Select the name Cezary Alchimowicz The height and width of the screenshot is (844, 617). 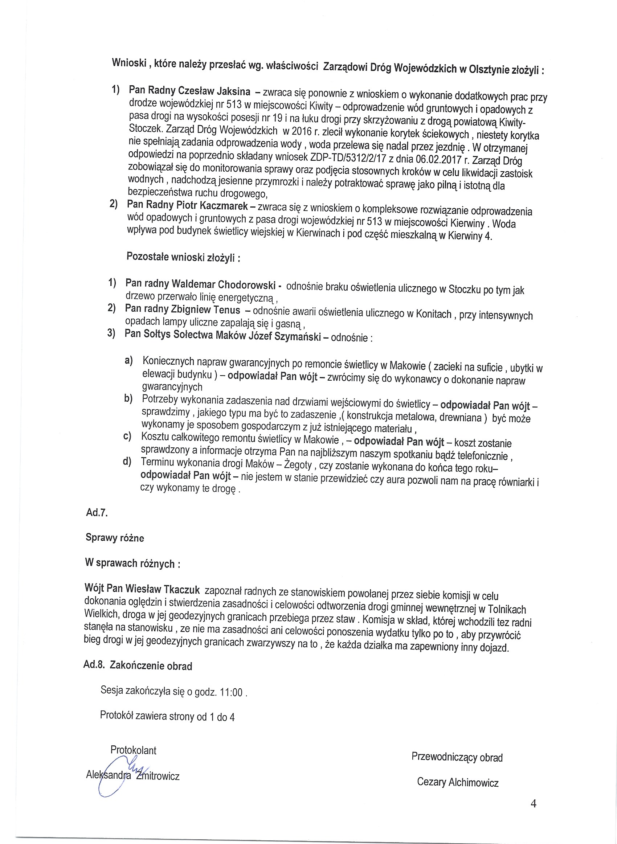point(458,782)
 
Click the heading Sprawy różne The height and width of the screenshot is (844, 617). point(115,537)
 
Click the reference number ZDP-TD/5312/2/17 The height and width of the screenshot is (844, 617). point(349,157)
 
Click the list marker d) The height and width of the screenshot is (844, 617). point(127,462)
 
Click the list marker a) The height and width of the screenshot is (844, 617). point(129,361)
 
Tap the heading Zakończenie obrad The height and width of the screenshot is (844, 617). point(151,666)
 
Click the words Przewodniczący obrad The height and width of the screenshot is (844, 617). point(457,757)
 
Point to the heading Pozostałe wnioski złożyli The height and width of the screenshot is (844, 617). point(183,257)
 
